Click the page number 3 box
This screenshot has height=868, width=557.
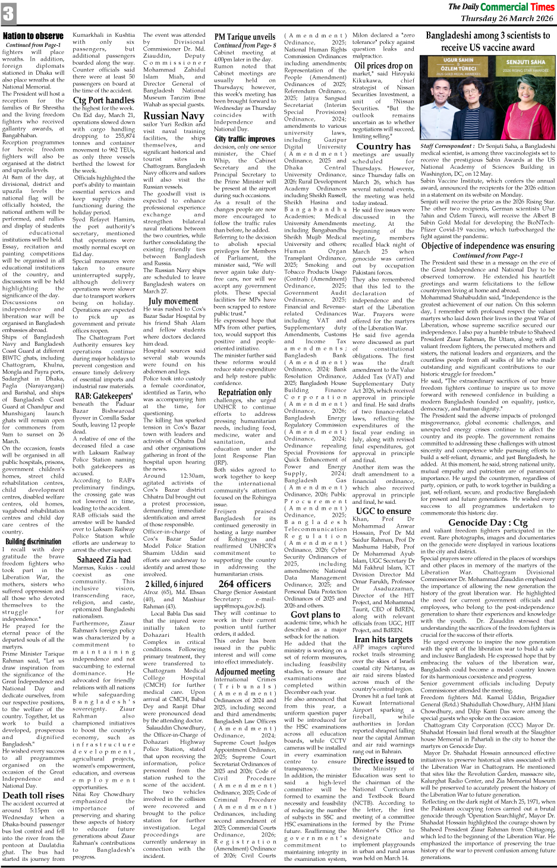[x=8, y=13]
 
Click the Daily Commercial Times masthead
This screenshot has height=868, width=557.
[x=501, y=7]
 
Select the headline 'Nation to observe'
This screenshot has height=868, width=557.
[x=33, y=36]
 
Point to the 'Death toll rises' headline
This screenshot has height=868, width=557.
[x=33, y=795]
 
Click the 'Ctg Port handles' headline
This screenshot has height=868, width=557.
[x=103, y=100]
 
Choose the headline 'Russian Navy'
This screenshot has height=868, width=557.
[x=174, y=116]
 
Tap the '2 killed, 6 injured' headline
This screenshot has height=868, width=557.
[x=174, y=583]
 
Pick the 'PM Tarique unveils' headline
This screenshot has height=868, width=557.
[x=245, y=36]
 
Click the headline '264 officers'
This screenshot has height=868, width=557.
[x=245, y=583]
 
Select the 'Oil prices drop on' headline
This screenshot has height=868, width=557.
[x=383, y=66]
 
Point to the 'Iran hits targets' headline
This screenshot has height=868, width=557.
[x=383, y=639]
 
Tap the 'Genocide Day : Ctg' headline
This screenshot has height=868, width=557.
[x=487, y=522]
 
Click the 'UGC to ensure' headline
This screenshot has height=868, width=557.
[x=383, y=510]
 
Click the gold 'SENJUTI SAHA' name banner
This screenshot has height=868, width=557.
[x=525, y=61]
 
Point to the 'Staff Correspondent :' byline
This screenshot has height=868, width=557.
[x=446, y=146]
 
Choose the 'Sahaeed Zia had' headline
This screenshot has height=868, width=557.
[x=103, y=559]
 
